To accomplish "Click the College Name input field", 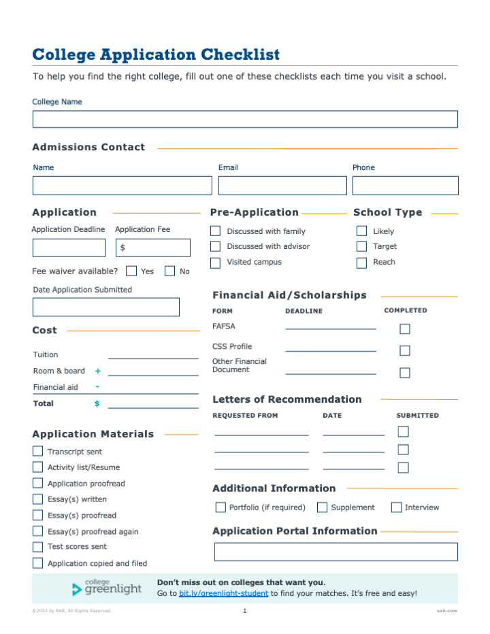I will pos(245,119).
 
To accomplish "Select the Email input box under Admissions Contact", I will pos(282,186).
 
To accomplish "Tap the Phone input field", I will pos(405,186).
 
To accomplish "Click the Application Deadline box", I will pos(69,248).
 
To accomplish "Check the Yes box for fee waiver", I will pos(131,271).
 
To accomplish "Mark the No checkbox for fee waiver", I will pos(169,271).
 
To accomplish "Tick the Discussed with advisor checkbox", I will pos(215,246).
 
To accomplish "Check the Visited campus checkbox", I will pos(215,263).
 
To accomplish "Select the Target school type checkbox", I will pos(361,246).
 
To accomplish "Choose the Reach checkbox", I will pos(361,263).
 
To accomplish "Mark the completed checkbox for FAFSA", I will pos(405,329).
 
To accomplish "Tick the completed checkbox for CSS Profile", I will pos(405,351).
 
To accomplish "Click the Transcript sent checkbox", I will pos(37,451).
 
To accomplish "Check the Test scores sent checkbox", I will pos(37,547).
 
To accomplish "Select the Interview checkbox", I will pos(396,507).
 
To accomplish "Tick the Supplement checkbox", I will pos(323,507).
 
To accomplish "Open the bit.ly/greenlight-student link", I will pos(223,594).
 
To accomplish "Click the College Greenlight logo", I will pos(108,588).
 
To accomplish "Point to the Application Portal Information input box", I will pos(336,552).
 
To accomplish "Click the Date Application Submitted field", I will pos(106,307).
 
